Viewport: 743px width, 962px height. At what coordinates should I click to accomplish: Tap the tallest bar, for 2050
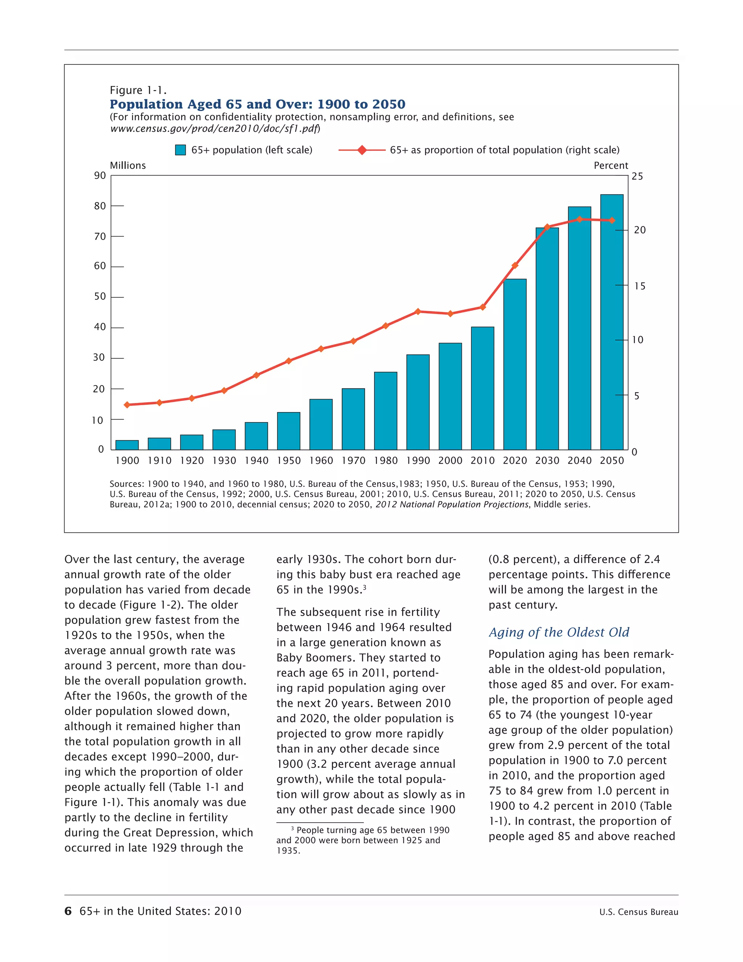tap(611, 322)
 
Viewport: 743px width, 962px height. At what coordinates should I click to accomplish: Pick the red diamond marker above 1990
tap(418, 311)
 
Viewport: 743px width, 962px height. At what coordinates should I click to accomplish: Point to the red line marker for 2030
tap(547, 227)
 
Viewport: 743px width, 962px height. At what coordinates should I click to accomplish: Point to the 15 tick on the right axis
tap(640, 286)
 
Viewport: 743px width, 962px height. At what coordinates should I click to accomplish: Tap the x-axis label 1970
tap(353, 461)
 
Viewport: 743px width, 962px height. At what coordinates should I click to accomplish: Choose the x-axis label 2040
tap(579, 461)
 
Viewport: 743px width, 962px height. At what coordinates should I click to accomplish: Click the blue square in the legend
tap(180, 150)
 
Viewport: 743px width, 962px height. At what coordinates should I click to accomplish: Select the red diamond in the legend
tap(362, 150)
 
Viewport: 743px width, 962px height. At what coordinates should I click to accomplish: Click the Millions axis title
tap(128, 166)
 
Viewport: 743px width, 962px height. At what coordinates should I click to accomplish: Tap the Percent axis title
tap(611, 166)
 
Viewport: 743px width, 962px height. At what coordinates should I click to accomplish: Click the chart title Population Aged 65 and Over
tap(258, 105)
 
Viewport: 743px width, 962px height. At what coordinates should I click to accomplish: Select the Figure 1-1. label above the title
tap(138, 90)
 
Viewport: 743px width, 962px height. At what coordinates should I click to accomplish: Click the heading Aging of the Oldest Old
tap(559, 632)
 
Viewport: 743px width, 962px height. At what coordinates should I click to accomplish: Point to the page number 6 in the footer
tap(68, 911)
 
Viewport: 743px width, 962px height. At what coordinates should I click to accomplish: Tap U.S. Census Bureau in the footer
tap(638, 912)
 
